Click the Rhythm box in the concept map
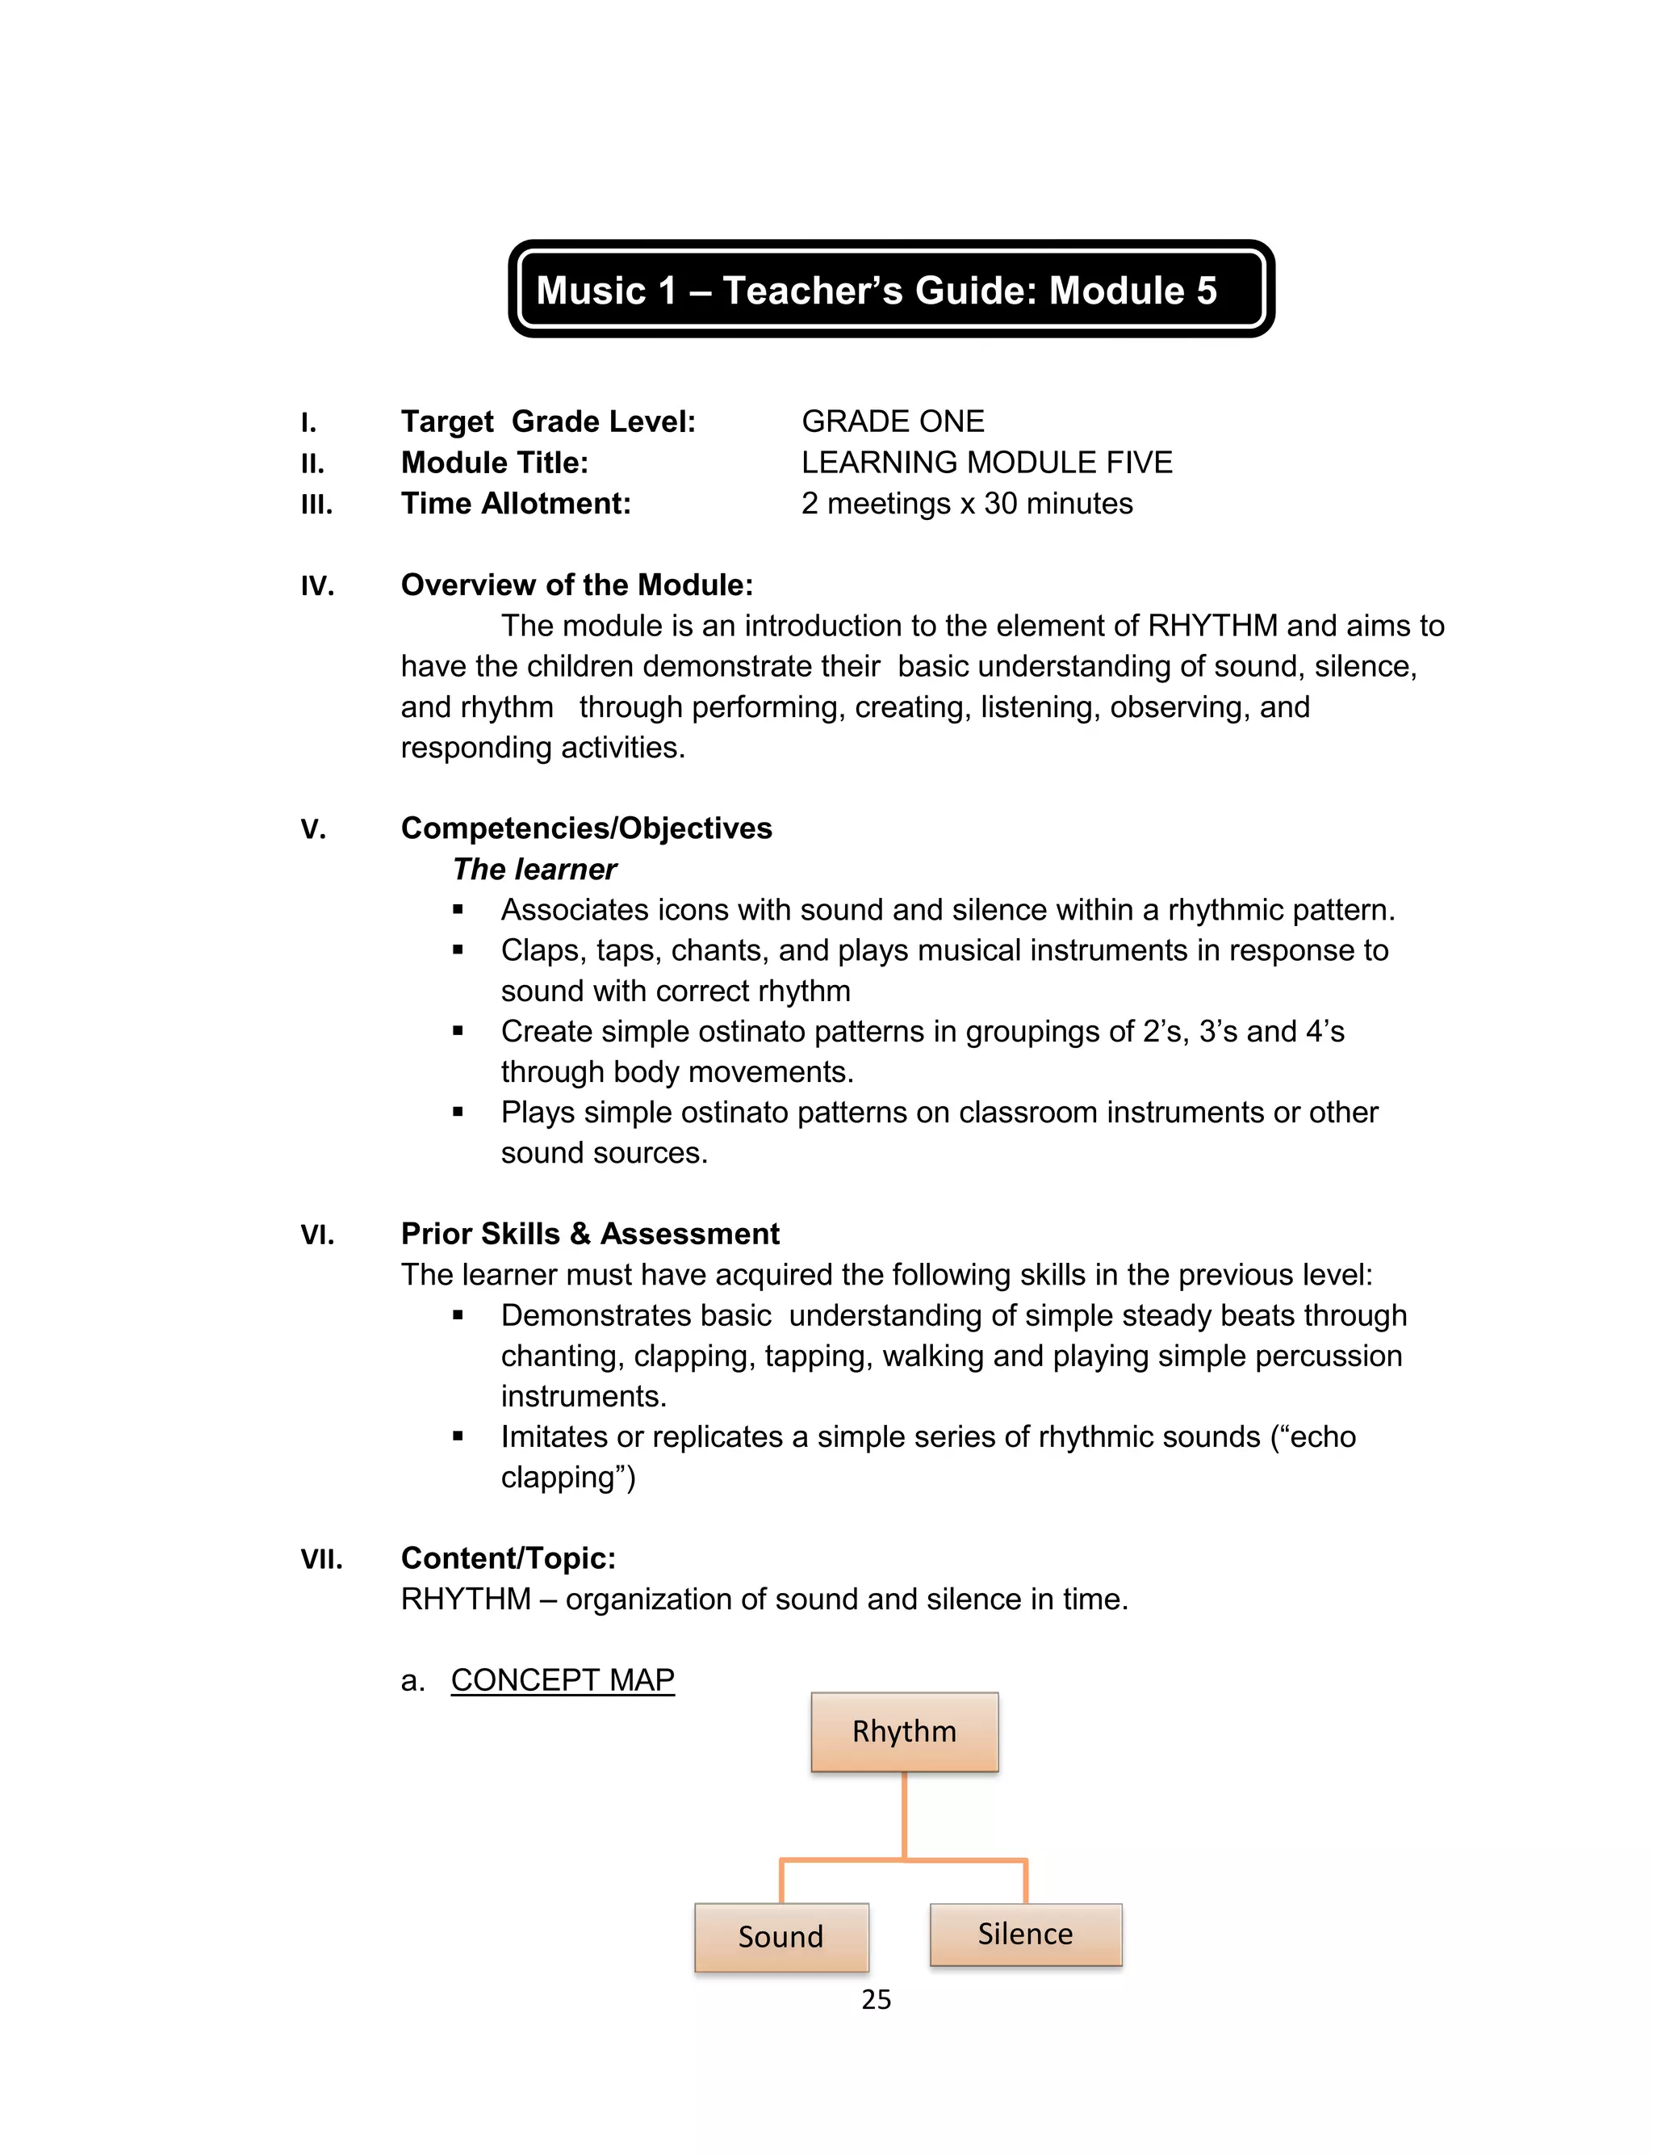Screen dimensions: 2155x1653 pos(903,1731)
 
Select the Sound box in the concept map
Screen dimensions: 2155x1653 pos(780,1936)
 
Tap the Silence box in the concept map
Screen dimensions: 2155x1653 pos(1025,1934)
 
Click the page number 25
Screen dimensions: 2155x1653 pos(876,1999)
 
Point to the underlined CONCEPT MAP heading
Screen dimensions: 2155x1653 pos(562,1679)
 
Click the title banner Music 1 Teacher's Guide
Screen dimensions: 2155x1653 pos(890,289)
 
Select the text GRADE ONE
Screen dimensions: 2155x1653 pos(893,421)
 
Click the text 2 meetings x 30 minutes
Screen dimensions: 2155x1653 pos(966,504)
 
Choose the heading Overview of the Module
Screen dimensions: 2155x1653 pos(576,585)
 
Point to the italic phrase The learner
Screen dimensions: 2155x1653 pos(534,869)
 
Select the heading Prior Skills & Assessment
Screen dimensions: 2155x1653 pos(589,1234)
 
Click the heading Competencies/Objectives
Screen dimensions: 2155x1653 pos(587,828)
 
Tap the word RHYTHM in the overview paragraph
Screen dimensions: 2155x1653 pos(1212,626)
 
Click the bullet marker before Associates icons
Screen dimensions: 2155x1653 pos(458,910)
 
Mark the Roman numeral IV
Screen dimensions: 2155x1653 pos(317,586)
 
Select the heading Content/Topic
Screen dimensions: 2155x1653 pos(508,1558)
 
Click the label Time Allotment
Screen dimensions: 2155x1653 pos(516,504)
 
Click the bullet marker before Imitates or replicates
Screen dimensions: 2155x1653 pos(458,1436)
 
